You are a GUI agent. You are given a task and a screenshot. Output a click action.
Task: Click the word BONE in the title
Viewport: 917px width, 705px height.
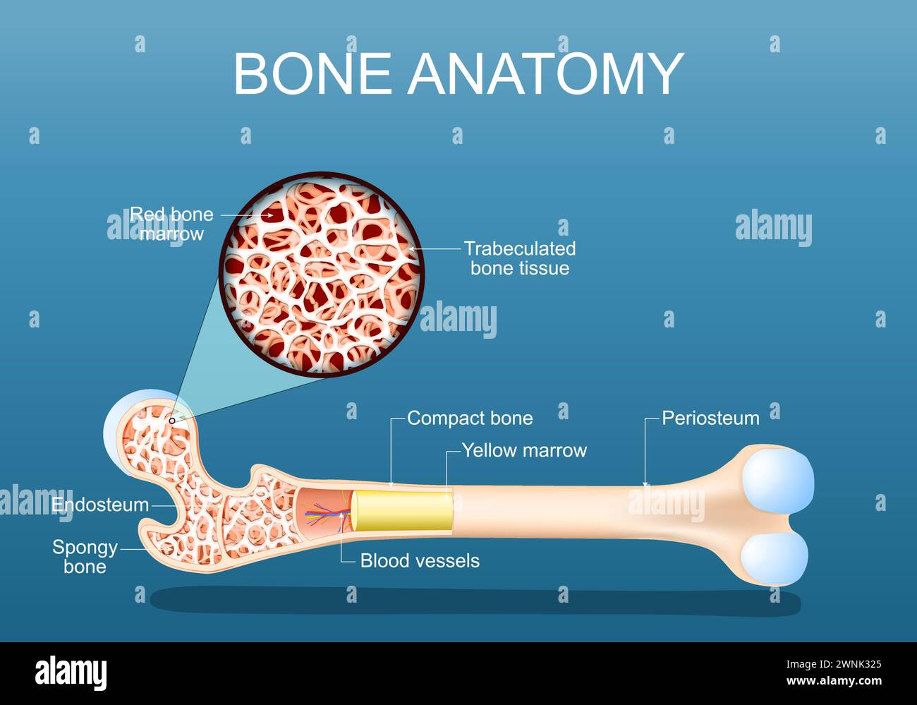tap(312, 73)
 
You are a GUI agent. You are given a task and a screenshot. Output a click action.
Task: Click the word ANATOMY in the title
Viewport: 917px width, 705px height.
tap(546, 73)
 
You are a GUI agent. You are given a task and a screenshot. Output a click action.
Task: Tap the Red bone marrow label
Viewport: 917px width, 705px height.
tap(171, 224)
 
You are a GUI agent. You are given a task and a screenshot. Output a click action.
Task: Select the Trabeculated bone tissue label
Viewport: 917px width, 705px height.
tap(520, 258)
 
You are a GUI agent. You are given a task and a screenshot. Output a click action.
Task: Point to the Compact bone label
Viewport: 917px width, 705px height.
tap(470, 418)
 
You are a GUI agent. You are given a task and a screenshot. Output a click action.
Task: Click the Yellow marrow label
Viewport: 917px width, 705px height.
tap(524, 450)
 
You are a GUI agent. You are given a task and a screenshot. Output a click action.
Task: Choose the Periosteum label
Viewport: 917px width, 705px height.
tap(710, 418)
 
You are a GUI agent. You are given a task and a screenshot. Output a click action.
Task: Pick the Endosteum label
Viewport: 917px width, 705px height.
tap(100, 505)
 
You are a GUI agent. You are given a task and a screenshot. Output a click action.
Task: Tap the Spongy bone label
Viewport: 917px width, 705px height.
tap(85, 557)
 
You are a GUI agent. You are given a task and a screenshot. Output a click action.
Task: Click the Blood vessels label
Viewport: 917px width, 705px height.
tap(420, 561)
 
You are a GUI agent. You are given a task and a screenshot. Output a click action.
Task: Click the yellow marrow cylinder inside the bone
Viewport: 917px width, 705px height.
tap(402, 512)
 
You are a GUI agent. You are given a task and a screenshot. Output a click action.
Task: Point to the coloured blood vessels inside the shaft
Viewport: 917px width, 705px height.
tap(323, 516)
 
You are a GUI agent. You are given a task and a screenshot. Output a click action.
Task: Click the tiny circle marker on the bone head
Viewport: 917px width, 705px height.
tap(172, 421)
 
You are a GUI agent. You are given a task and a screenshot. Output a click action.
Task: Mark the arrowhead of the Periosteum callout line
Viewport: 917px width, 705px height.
tap(645, 484)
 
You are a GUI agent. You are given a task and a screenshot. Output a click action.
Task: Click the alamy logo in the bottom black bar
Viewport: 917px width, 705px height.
tap(71, 673)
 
